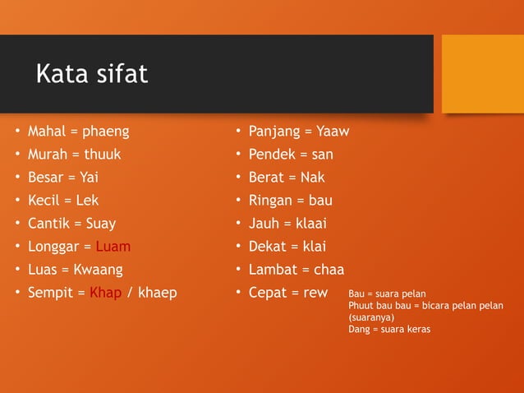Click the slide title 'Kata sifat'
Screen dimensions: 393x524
pos(91,74)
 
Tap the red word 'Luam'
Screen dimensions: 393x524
pos(113,247)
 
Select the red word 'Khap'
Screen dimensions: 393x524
pos(105,293)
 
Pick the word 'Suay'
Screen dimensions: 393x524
pos(101,224)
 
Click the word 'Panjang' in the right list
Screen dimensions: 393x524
pos(273,132)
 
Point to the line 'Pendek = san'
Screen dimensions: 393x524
pos(291,155)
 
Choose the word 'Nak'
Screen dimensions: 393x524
pos(312,178)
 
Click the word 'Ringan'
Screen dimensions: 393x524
pos(270,201)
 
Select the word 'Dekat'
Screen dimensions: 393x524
pos(268,247)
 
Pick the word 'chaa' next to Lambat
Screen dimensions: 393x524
pos(329,270)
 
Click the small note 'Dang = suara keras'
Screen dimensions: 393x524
pos(389,329)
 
